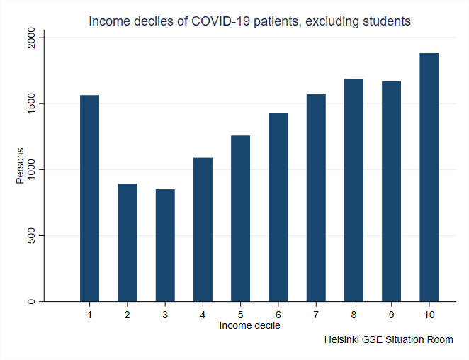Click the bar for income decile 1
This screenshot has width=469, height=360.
tap(89, 198)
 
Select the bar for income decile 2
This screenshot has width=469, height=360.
tap(128, 242)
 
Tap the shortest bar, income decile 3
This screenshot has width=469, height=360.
tap(165, 245)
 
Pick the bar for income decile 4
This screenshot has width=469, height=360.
tap(203, 230)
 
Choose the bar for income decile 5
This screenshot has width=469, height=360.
tap(240, 218)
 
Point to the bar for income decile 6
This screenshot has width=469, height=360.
tap(278, 208)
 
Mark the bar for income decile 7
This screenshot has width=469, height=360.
tap(316, 198)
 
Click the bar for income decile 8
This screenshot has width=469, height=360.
tap(354, 190)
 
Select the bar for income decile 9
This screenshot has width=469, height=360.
tap(391, 191)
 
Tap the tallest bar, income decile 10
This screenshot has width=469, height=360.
tap(429, 177)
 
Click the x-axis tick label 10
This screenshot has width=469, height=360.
tap(429, 314)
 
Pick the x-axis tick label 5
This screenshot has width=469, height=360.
tap(240, 314)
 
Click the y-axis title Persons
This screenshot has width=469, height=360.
tap(21, 166)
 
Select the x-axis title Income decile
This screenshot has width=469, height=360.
tap(249, 326)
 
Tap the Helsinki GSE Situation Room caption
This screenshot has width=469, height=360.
tap(388, 340)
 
